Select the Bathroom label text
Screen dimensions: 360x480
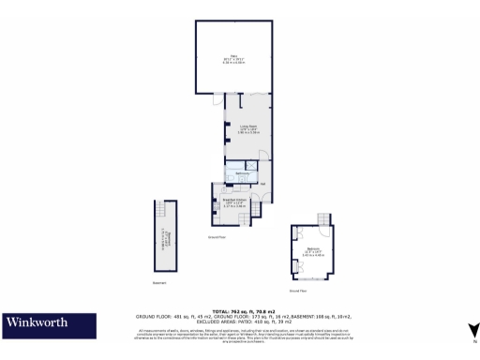click(242, 174)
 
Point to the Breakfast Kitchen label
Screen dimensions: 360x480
click(235, 202)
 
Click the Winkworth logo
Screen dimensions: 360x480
click(37, 323)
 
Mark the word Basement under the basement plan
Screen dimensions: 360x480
click(160, 282)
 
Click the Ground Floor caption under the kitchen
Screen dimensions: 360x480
click(217, 237)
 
